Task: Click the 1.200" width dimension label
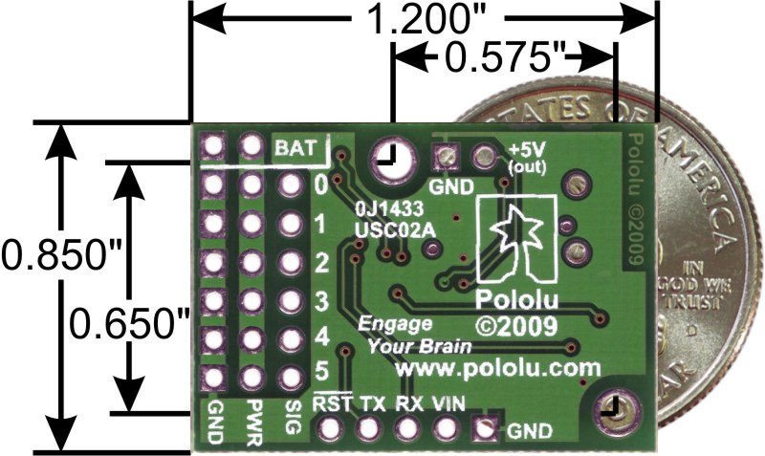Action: click(426, 19)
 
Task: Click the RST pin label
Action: click(331, 403)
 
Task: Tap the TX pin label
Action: click(370, 403)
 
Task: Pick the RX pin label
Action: click(408, 403)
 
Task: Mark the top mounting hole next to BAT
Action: click(388, 156)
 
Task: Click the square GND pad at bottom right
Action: click(487, 430)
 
